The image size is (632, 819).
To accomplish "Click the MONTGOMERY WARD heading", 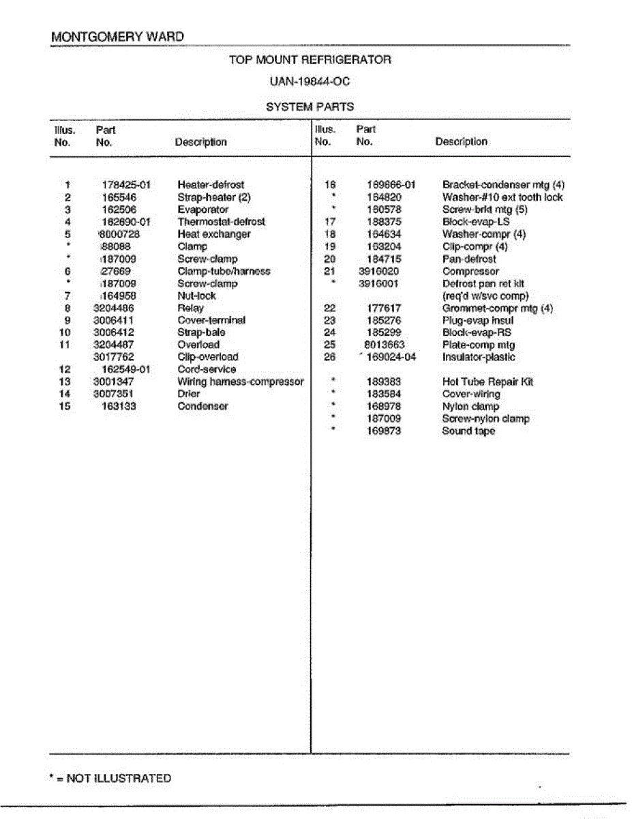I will [x=117, y=37].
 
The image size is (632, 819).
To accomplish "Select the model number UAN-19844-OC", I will [x=310, y=82].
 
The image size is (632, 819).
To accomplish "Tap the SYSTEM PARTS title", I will [x=310, y=106].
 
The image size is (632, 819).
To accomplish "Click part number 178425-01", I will [x=126, y=185].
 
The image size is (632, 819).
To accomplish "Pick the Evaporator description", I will [x=202, y=210].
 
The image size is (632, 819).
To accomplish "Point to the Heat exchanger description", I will [x=213, y=234].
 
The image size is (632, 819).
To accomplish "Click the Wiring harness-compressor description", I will [x=240, y=382].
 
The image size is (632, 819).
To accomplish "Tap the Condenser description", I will [x=202, y=406].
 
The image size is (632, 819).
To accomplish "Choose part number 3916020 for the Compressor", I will [x=379, y=271].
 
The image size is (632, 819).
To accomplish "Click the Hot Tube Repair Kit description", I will [x=487, y=382].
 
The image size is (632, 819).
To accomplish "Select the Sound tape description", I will [x=468, y=431].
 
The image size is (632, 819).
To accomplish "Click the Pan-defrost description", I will [x=469, y=259].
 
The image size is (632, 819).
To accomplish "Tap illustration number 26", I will [x=330, y=357].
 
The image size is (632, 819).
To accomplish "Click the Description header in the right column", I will [x=461, y=142].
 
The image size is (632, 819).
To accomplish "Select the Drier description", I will [x=189, y=394].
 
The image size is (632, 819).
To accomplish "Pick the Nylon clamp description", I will [x=470, y=407].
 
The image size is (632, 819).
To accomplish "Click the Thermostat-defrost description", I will [x=221, y=222].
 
